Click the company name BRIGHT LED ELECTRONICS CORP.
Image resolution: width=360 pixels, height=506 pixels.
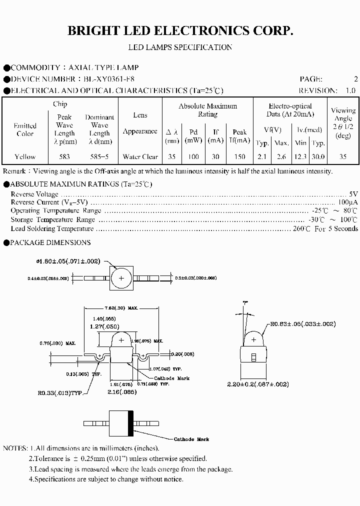pos(180,31)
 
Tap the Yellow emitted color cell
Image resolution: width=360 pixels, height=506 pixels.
pos(25,156)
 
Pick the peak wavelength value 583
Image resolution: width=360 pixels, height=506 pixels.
pos(64,156)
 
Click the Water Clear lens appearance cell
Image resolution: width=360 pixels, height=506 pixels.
pos(140,156)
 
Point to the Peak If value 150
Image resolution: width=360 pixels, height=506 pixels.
pos(239,156)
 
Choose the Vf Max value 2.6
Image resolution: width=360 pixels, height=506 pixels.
pos(281,156)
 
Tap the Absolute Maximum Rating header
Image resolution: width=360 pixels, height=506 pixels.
pos(207,110)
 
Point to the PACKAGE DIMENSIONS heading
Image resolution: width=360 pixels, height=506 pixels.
pos(50,242)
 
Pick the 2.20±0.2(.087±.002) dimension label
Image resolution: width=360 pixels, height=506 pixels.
pos(258,384)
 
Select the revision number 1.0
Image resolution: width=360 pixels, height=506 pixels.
pos(350,90)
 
